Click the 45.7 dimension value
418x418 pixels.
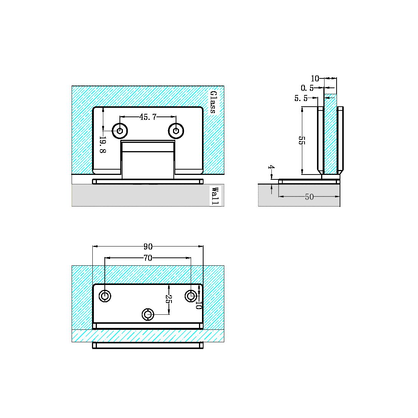148,117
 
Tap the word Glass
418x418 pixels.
213,102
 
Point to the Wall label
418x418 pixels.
215,196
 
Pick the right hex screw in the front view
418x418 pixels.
176,131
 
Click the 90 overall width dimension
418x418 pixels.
148,247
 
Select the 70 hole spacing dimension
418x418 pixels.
148,258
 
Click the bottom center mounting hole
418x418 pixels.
148,314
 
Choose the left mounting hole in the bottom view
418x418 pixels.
105,296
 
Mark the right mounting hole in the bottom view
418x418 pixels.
191,296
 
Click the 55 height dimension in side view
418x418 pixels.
302,141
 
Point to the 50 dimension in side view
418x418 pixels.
309,197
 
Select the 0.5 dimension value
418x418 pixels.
307,88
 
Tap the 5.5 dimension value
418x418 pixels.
301,98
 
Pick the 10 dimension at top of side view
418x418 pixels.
315,78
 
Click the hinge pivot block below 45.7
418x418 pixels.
148,160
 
